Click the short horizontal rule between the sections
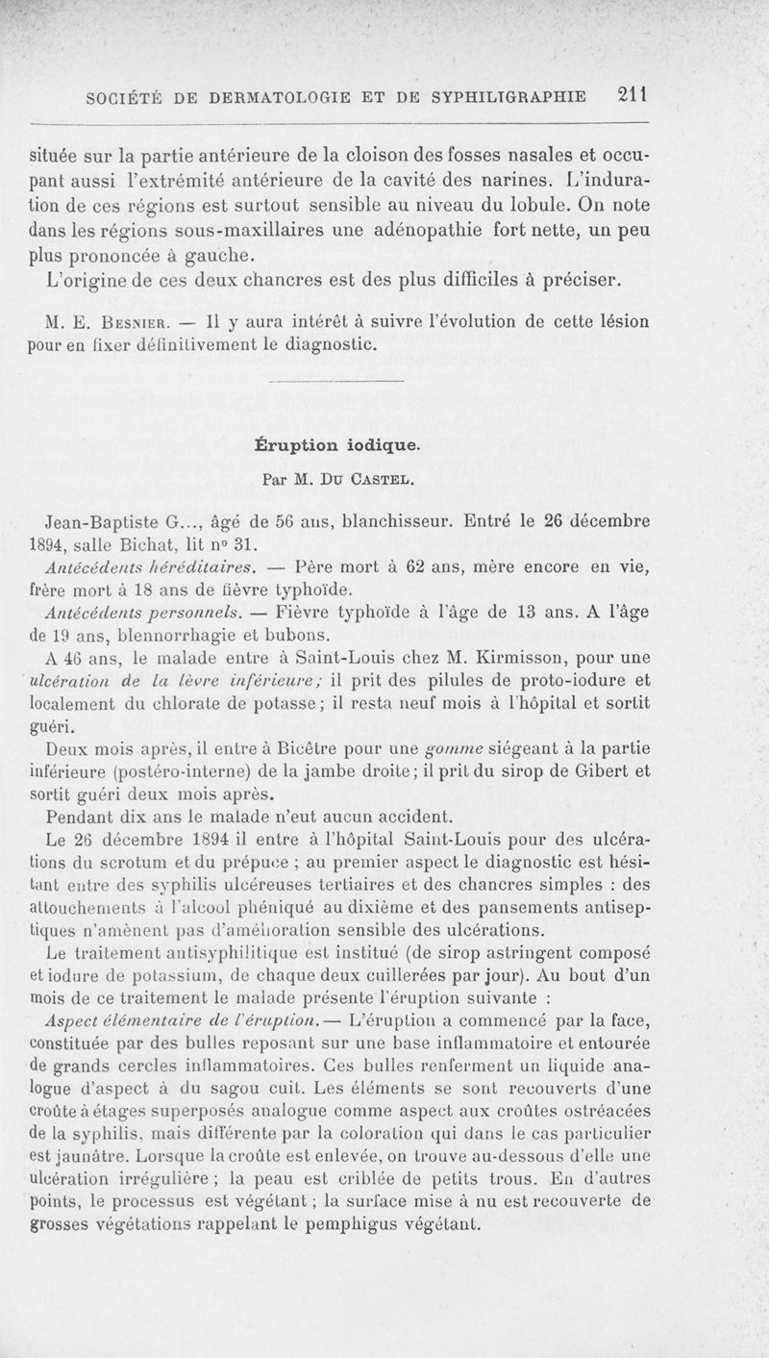click(336, 383)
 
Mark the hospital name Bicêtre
click(305, 746)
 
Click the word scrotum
click(140, 860)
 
